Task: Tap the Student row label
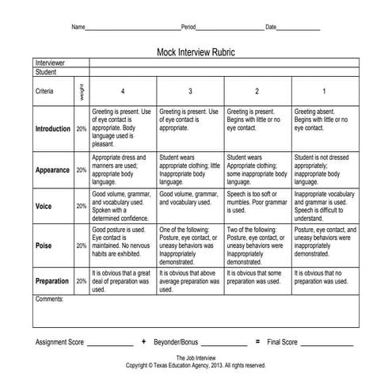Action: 47,71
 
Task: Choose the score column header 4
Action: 122,91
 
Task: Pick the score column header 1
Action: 325,91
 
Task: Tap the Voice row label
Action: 44,205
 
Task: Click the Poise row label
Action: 44,245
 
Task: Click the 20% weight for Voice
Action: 82,205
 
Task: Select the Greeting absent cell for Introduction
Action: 323,120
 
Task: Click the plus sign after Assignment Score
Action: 143,341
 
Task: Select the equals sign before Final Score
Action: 257,341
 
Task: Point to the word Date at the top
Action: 271,27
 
